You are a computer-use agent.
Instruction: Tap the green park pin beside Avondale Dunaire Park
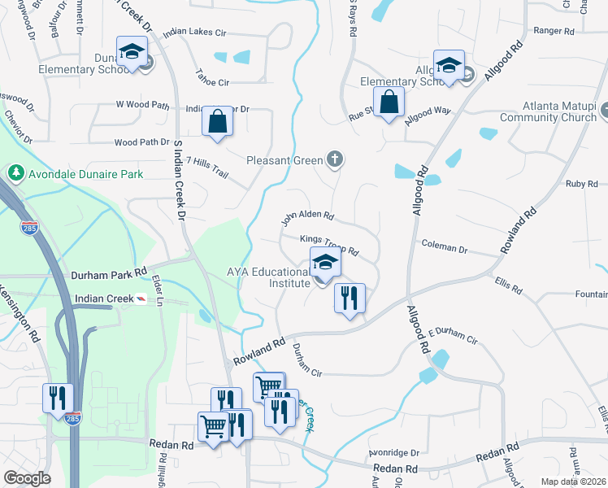click(15, 173)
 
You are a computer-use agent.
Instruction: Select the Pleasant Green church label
click(284, 160)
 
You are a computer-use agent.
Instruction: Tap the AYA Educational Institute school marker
click(325, 264)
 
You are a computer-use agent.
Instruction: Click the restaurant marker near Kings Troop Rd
click(350, 298)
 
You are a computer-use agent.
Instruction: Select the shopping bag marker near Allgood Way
click(389, 103)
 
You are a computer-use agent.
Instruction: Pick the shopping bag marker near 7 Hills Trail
click(218, 121)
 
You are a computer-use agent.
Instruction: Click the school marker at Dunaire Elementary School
click(130, 53)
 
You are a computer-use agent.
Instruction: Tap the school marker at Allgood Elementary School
click(448, 66)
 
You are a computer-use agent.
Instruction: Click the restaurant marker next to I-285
click(58, 399)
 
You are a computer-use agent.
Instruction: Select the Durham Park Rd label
click(108, 274)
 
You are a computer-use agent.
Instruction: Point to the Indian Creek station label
click(103, 299)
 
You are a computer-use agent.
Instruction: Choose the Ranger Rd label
click(553, 32)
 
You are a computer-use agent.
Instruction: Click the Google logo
click(28, 478)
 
